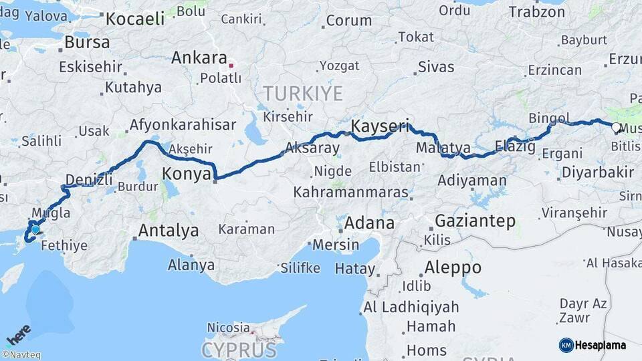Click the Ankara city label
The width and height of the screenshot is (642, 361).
point(199,57)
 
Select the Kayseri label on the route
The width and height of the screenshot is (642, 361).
point(379,126)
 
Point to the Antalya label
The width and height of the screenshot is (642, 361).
point(168,231)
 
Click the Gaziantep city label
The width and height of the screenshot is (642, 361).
point(475,221)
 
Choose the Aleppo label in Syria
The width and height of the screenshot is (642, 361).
point(453,267)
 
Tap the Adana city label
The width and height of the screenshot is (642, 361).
point(370,223)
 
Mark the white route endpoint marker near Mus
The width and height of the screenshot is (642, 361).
point(616,126)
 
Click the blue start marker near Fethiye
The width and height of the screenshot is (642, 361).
point(35,229)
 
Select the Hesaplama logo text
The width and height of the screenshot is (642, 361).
point(601,345)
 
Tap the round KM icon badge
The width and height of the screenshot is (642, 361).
point(566,345)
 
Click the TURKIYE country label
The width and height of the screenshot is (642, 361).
point(302,93)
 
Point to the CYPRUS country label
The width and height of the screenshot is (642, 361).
point(239,350)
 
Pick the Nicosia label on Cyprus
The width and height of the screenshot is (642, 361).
point(228,328)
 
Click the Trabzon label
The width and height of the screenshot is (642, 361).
point(536,11)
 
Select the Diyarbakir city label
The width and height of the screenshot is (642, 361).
point(597,172)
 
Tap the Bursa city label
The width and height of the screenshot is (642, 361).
point(87,42)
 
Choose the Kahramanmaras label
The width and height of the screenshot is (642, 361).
point(350,193)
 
